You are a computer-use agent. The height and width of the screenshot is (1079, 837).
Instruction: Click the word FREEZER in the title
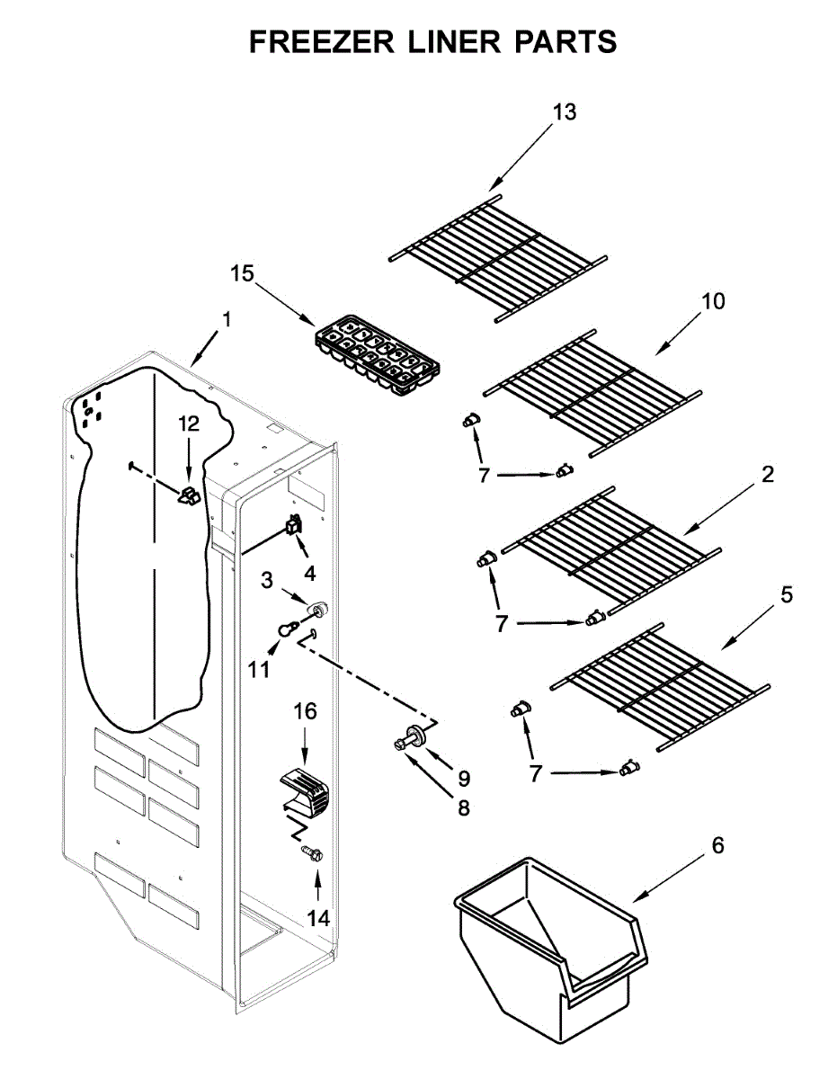[323, 41]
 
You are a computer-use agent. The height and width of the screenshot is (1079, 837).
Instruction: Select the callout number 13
[565, 112]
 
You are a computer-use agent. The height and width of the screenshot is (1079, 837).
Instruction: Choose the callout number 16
[305, 712]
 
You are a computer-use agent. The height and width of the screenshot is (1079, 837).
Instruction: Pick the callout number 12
[188, 424]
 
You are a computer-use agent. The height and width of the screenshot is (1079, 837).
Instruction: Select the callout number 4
[309, 573]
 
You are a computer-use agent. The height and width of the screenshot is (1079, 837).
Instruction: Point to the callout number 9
[464, 777]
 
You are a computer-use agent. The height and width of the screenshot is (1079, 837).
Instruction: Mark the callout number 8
[464, 808]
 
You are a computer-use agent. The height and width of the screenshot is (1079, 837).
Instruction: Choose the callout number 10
[713, 300]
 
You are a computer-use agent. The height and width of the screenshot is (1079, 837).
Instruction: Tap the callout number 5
[787, 594]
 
